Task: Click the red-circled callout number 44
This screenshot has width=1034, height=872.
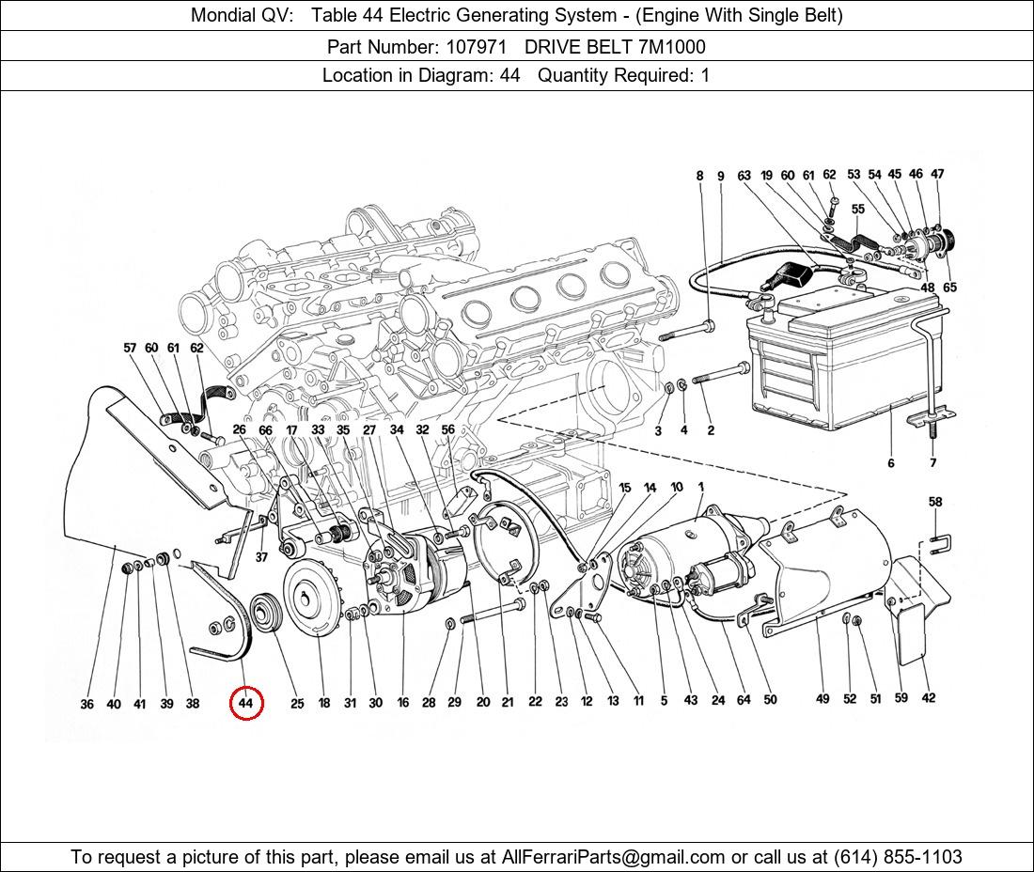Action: click(245, 703)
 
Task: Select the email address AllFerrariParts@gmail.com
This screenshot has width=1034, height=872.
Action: click(614, 856)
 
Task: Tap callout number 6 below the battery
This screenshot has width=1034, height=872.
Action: click(890, 462)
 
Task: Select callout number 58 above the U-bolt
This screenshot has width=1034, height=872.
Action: click(935, 503)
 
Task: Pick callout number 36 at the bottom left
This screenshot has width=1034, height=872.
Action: click(86, 704)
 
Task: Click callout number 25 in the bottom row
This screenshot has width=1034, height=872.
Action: click(297, 704)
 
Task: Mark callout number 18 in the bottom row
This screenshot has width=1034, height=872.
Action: click(324, 703)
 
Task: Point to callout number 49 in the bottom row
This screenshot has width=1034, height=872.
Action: click(822, 698)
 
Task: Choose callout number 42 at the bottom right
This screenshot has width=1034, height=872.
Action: click(928, 697)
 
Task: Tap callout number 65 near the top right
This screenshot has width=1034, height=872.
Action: click(949, 288)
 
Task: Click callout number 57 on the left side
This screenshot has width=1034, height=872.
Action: click(130, 348)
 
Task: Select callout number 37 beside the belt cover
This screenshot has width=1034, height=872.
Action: click(261, 556)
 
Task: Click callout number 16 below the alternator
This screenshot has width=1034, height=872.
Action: click(402, 703)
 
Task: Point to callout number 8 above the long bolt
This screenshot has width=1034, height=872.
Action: click(699, 176)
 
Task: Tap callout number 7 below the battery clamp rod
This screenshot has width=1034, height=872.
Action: click(932, 462)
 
